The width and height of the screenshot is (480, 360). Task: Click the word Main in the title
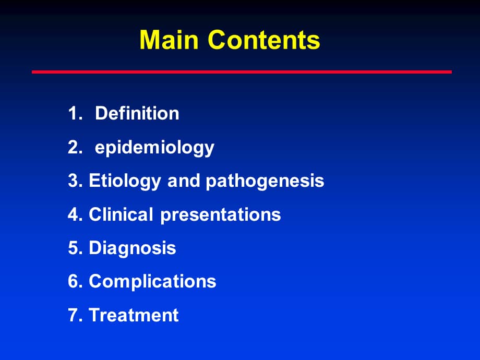coord(170,40)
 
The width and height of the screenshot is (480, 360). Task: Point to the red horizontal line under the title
coord(242,72)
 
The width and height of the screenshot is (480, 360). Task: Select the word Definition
coord(137,113)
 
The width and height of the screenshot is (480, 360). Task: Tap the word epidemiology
coord(154,148)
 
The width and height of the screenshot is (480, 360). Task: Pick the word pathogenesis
coord(265,181)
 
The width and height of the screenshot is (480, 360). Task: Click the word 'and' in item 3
coord(184,181)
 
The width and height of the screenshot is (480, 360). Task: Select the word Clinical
coord(122,214)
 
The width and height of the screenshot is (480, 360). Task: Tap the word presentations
coord(221,215)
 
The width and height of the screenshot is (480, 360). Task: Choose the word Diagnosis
coord(133,248)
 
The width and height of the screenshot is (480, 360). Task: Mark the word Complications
coord(152,282)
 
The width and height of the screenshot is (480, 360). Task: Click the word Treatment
coord(134,315)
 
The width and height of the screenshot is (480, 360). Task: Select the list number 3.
coord(73,181)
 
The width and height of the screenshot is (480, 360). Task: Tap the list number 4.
coord(73,214)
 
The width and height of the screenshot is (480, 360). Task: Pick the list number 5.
coord(73,248)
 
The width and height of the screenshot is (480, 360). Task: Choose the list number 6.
coord(73,282)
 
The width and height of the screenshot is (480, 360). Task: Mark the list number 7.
coord(73,315)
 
